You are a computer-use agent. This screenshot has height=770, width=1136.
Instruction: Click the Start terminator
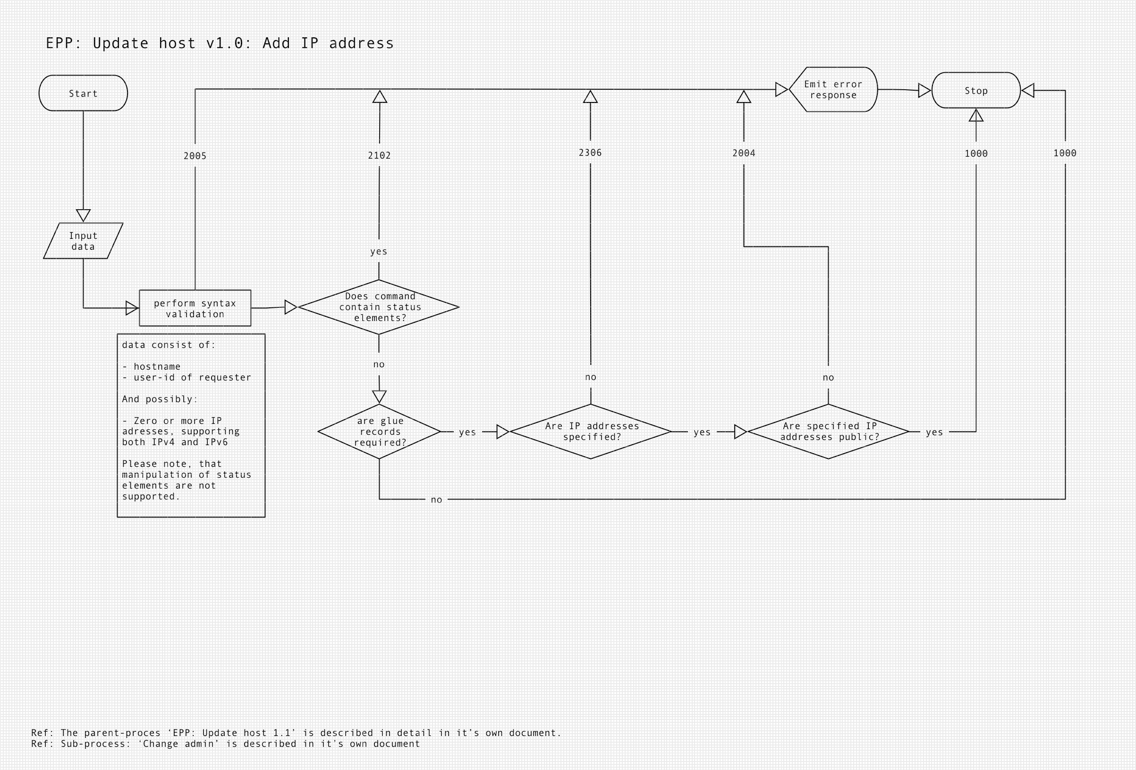coord(83,93)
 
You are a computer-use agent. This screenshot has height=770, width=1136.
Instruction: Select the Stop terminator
coord(975,91)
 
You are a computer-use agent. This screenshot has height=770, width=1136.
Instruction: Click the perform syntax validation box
coord(195,308)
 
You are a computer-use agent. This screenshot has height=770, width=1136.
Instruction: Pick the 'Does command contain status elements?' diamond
coord(379,307)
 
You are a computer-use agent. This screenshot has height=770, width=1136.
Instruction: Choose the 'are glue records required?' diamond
coord(379,431)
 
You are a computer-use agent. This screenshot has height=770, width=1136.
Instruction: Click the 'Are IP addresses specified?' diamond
coord(591,431)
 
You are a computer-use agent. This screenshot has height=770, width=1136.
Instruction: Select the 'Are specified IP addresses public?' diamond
coord(828,431)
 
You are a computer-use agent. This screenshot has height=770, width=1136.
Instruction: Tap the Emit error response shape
coord(833,90)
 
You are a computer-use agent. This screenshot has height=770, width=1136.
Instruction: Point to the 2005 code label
coord(195,156)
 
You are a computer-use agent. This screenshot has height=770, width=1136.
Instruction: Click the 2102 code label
coord(379,155)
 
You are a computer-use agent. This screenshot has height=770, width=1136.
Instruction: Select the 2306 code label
coord(590,152)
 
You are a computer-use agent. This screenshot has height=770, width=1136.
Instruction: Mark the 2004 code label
coord(744,153)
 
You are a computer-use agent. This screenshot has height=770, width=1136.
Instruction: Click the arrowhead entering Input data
coord(83,215)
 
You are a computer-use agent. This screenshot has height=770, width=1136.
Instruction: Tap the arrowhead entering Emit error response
coord(781,90)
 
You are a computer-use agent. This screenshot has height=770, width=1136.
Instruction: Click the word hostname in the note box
coord(157,366)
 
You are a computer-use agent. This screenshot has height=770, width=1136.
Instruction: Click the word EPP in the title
coord(61,43)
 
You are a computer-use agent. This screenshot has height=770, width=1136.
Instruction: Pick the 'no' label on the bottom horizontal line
coord(436,499)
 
